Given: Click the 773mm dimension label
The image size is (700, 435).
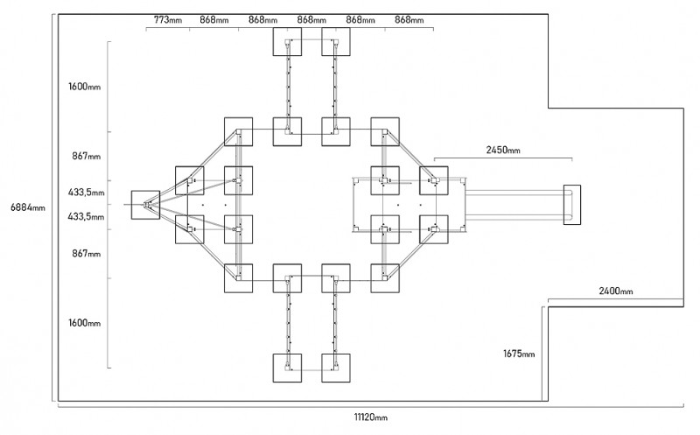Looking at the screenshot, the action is pos(168,20).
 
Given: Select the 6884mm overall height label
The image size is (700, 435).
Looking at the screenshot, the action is pos(28,207).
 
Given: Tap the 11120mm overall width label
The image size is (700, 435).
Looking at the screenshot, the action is pos(370,417).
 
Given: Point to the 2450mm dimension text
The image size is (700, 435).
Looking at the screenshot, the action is pos(503,150).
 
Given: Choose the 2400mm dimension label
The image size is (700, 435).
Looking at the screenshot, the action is pos(616,291).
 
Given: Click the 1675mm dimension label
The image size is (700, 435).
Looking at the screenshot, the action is pos(519,354).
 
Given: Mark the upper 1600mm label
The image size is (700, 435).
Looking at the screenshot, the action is pos(84,87).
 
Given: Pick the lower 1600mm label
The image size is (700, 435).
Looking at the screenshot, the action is pos(84,323).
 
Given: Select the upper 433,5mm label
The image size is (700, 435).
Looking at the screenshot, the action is pos(86,193).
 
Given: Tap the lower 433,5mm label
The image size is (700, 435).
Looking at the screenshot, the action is pos(86,216).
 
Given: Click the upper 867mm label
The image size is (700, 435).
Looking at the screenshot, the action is pos(86,157).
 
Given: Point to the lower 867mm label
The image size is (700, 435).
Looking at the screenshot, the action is pos(86,254).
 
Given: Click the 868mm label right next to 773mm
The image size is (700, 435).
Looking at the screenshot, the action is pos(214,20).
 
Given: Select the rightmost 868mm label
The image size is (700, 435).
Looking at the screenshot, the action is pos(409,20).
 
